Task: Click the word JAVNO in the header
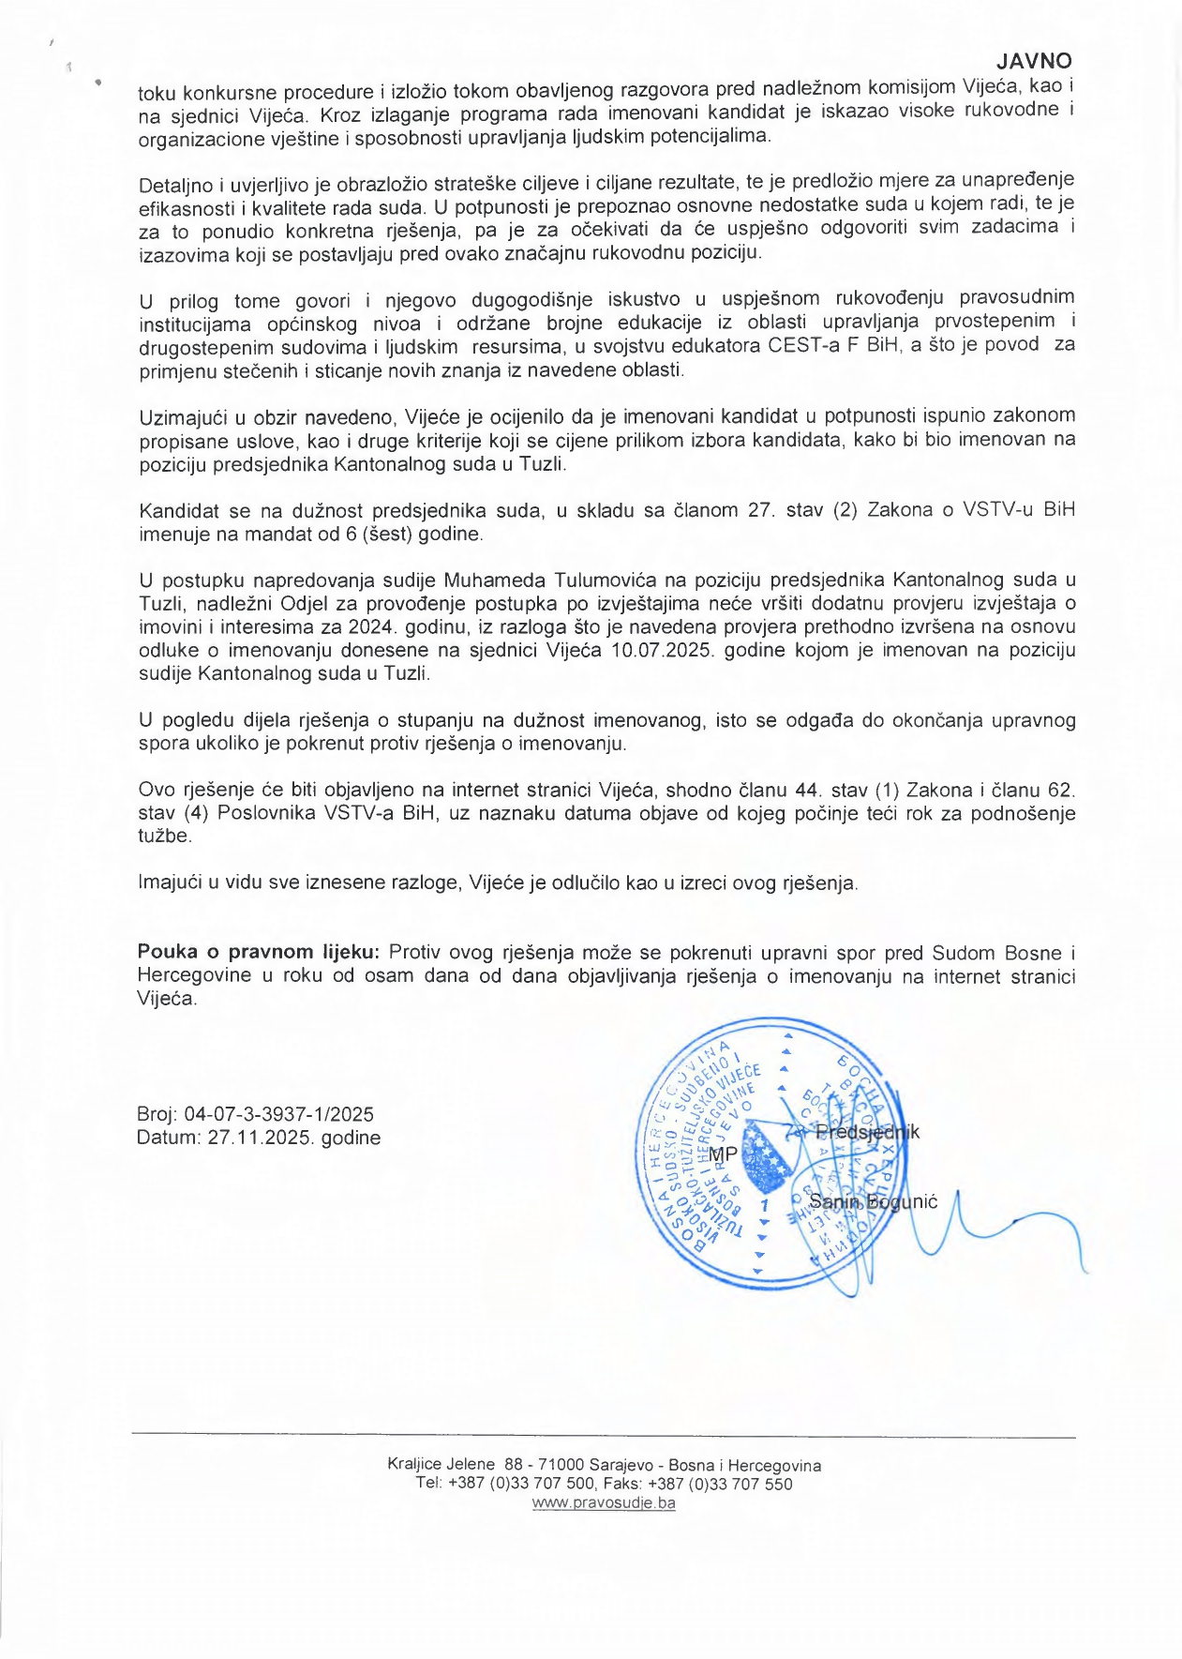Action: pyautogui.click(x=1033, y=61)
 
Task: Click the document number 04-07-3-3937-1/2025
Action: pyautogui.click(x=278, y=1114)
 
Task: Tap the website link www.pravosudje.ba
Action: pyautogui.click(x=604, y=1502)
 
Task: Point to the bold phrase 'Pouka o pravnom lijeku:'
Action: pyautogui.click(x=258, y=952)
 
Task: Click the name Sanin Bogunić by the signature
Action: pyautogui.click(x=873, y=1201)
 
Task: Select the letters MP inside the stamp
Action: pyautogui.click(x=723, y=1154)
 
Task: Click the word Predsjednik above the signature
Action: pyautogui.click(x=867, y=1132)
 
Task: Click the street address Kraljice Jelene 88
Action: pyautogui.click(x=456, y=1465)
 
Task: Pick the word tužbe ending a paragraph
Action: pyautogui.click(x=164, y=836)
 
